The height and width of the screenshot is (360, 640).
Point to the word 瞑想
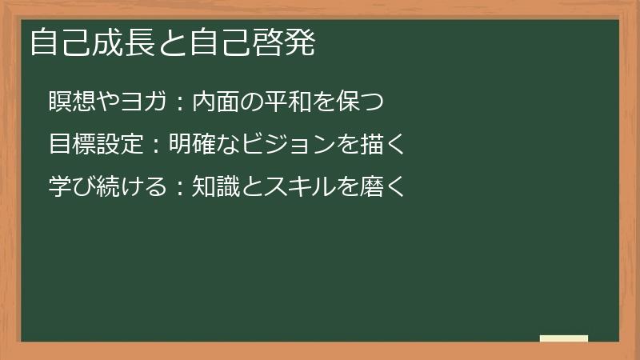pyautogui.click(x=73, y=102)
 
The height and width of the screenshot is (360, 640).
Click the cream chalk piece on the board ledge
pyautogui.click(x=564, y=338)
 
